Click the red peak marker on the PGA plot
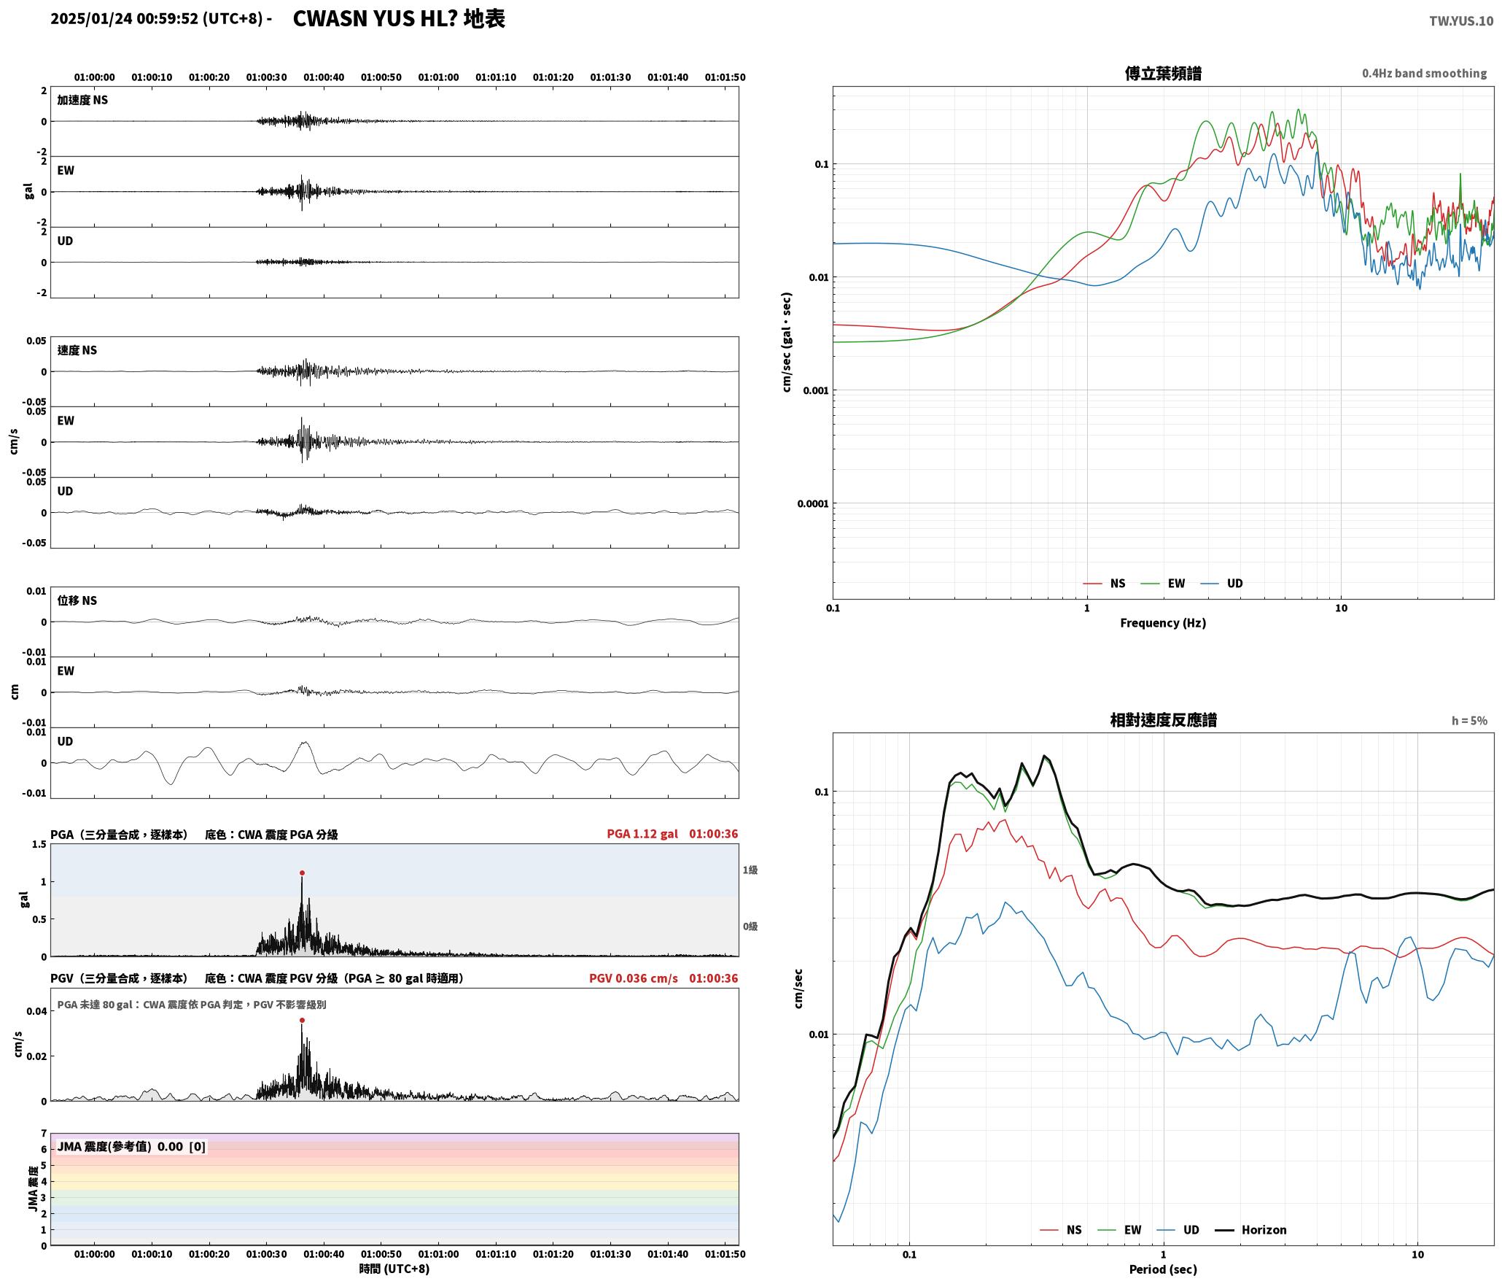click(302, 873)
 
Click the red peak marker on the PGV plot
click(302, 1021)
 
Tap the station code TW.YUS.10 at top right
click(1460, 21)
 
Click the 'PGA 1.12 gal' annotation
click(642, 834)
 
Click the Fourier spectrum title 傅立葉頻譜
click(1163, 74)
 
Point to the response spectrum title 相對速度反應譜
click(1163, 720)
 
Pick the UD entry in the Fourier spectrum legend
click(1222, 583)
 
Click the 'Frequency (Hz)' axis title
click(1163, 622)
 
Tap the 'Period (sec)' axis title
click(1163, 1269)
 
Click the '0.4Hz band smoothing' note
click(1424, 73)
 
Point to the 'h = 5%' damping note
click(1469, 721)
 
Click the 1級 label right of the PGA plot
click(750, 870)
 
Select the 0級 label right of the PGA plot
click(750, 927)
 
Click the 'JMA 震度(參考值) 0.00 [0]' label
click(131, 1146)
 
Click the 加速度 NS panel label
click(82, 100)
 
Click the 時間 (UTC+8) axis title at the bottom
click(394, 1269)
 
